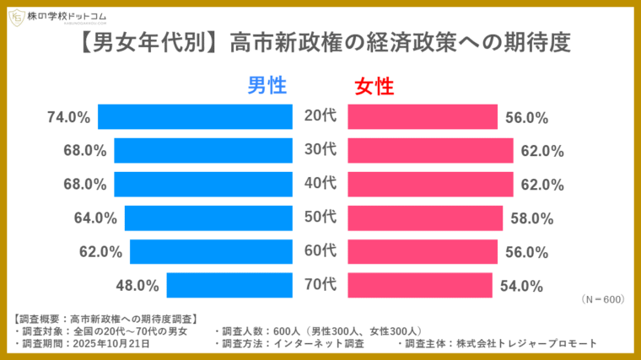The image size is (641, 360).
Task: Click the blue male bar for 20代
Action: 196,117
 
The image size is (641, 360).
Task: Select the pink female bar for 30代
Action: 430,151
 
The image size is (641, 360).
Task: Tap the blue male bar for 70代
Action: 229,286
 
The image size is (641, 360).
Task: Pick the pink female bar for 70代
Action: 420,286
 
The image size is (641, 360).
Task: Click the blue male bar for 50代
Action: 208,218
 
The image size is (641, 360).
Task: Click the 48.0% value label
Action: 137,286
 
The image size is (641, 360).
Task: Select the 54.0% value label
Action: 520,286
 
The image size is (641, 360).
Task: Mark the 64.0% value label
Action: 95,218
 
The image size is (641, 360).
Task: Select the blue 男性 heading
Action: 267,85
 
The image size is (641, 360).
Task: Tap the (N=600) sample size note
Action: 601,299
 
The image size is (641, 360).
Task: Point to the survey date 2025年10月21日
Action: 111,343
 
